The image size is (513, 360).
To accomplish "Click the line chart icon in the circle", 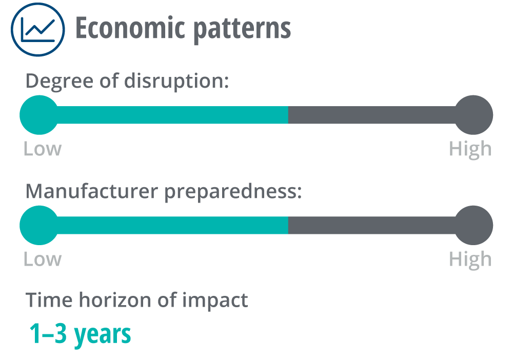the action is [x=38, y=29].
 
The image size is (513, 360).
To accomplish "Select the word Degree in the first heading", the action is [x=60, y=82].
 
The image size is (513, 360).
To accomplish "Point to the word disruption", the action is [x=176, y=82].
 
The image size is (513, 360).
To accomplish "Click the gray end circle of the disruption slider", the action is [x=473, y=115].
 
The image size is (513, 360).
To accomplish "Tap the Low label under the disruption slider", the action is [x=43, y=149].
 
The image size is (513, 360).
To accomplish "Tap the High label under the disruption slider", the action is [x=470, y=150].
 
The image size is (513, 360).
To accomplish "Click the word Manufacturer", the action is [x=92, y=191].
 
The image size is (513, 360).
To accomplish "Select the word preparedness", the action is [x=233, y=192].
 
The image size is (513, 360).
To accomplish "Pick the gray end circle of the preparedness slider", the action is [x=473, y=225].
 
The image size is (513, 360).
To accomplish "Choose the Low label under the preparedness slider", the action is [x=43, y=259].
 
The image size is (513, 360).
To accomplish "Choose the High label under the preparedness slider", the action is [x=470, y=261].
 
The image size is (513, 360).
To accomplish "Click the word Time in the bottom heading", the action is [x=49, y=300].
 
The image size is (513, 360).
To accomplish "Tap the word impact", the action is [x=215, y=301].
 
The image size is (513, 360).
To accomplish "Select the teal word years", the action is [x=103, y=335].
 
